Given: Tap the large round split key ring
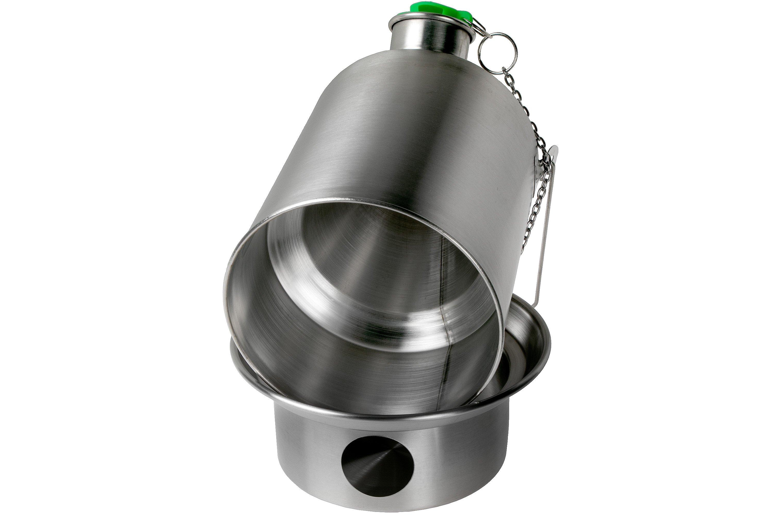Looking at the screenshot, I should click(497, 53).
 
